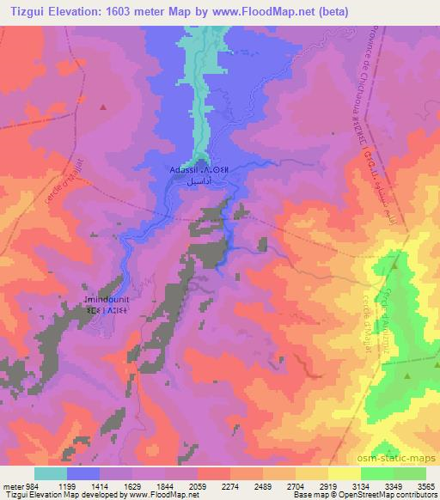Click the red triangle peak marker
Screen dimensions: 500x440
103,107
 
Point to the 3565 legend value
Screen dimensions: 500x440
425,485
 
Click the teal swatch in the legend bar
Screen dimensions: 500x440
51,473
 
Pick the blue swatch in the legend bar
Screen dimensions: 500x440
83,473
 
